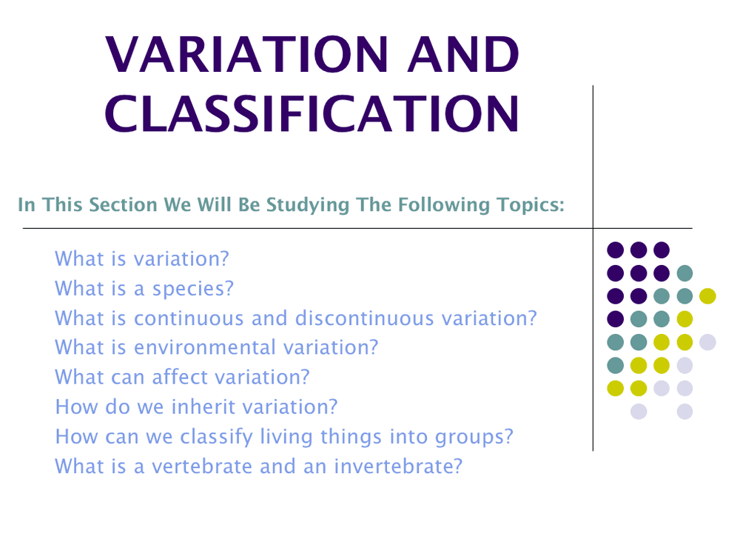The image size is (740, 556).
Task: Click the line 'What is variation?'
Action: point(142,259)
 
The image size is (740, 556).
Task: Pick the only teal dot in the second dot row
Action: point(684,272)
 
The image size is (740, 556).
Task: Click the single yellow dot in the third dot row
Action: point(707,295)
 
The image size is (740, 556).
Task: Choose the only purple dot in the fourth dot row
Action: point(615,318)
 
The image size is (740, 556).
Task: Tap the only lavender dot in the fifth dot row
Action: point(707,341)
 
